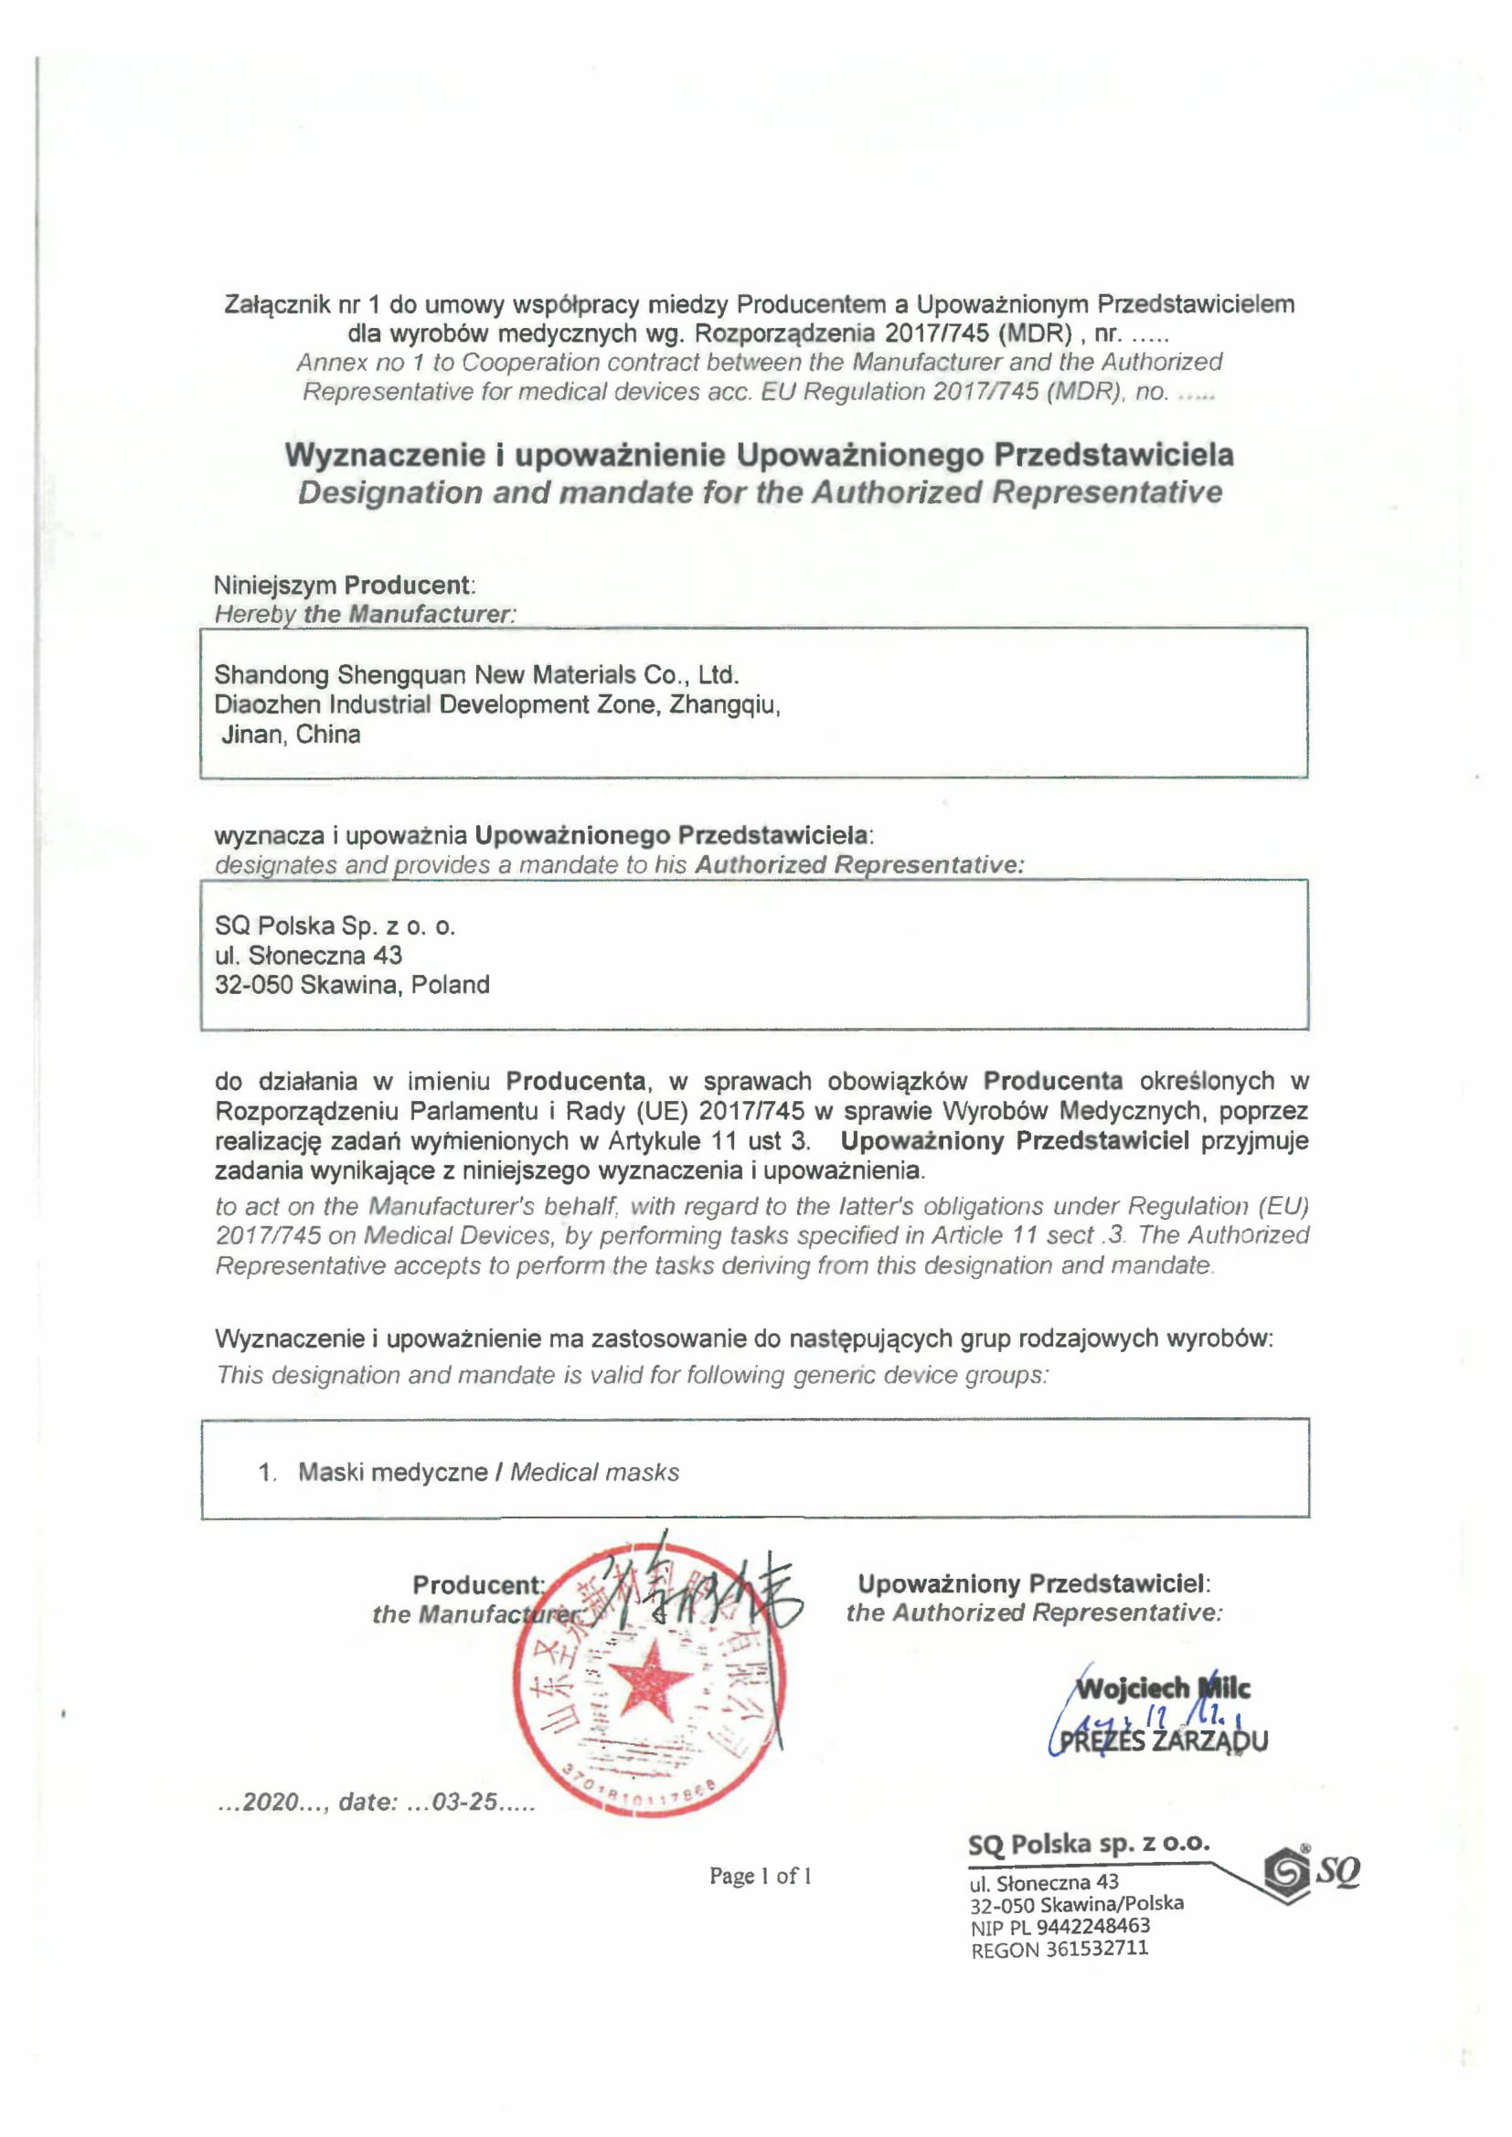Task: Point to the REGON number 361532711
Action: tap(1096, 1949)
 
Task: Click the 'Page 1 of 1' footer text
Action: tap(760, 1876)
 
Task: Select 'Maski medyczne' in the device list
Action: tap(392, 1472)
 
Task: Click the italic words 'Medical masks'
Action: tap(594, 1472)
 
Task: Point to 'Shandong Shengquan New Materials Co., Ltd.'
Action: tap(475, 674)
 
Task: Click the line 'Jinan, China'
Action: tap(291, 735)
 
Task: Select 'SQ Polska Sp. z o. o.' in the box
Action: tap(335, 926)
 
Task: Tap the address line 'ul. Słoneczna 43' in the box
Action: tap(308, 955)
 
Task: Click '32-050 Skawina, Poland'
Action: tap(352, 985)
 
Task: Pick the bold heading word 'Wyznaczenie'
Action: tap(385, 454)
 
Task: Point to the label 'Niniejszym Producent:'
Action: tap(345, 585)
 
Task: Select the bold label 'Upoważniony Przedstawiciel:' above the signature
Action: tap(1034, 1583)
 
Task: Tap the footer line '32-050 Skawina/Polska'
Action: tap(1076, 1903)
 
